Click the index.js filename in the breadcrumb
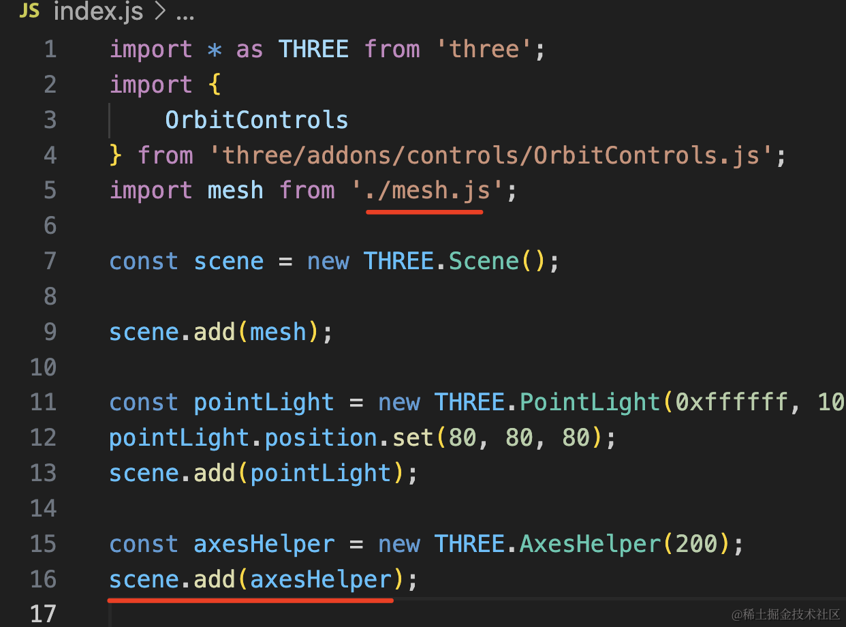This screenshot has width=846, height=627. (x=98, y=12)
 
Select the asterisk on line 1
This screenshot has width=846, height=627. (x=215, y=50)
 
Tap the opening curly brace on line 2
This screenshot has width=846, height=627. (x=215, y=85)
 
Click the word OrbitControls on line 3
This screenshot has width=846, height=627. (x=257, y=120)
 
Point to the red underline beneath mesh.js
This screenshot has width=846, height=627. (x=424, y=212)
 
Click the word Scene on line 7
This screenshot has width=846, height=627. (x=484, y=262)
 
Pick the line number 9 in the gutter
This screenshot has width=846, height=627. (x=50, y=332)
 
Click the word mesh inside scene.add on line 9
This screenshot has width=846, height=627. (x=278, y=332)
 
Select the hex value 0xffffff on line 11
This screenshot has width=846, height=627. (x=732, y=402)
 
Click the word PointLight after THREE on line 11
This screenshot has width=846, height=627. (x=590, y=402)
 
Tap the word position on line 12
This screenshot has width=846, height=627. (x=321, y=438)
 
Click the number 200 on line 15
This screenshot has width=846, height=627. (x=696, y=544)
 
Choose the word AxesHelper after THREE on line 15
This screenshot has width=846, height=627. (x=590, y=544)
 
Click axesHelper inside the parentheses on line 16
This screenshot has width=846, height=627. (x=321, y=579)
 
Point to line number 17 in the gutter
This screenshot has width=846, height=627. (x=44, y=614)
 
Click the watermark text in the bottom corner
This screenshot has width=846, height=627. (x=786, y=614)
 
